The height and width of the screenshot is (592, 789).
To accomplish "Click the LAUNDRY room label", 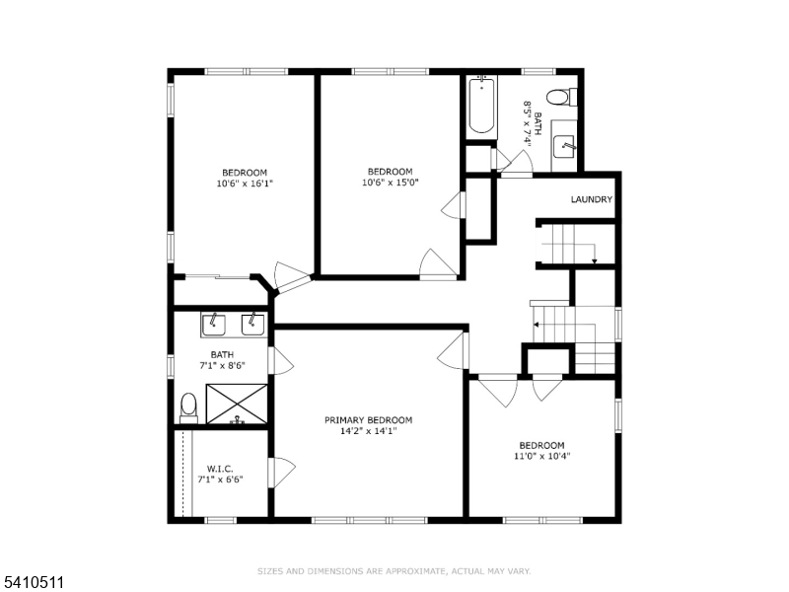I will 592,200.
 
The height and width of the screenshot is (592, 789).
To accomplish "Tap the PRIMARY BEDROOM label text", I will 368,420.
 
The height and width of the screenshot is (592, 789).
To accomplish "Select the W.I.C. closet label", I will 218,468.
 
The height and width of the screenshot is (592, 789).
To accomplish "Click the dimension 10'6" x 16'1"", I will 244,184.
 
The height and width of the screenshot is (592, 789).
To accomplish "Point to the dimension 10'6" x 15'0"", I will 391,182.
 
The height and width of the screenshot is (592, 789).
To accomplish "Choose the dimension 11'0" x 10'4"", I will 541,456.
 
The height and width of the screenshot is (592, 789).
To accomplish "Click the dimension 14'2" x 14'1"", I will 368,431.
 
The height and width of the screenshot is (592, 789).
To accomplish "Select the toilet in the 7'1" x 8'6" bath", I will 189,407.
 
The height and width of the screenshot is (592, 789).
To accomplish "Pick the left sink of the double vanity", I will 213,324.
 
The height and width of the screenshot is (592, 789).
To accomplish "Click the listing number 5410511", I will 34,583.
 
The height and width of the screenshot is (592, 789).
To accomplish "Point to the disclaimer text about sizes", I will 394,571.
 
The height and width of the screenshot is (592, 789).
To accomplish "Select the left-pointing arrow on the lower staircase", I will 536,324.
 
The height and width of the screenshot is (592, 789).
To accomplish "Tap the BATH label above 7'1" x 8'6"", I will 222,354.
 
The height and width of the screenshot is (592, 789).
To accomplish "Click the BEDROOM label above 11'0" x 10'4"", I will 541,445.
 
